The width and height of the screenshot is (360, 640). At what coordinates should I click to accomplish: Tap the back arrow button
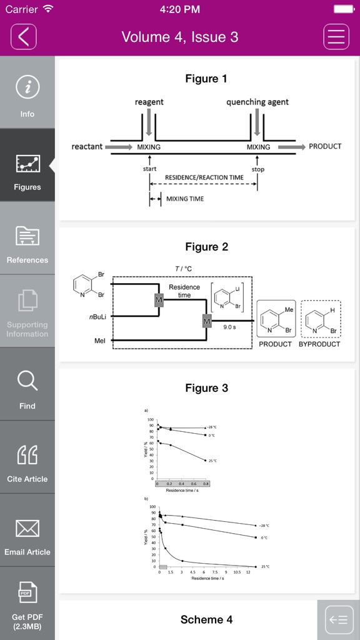point(24,37)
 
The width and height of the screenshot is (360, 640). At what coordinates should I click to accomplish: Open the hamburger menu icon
point(336,37)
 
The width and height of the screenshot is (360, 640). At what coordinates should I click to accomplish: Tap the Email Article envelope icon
point(27,529)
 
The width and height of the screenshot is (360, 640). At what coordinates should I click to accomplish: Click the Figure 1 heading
point(206,79)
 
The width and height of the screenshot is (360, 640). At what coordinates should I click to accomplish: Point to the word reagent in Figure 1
point(149,102)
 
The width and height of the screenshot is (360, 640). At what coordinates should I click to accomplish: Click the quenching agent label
point(257,102)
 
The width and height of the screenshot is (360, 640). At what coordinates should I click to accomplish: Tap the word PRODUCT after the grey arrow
point(325,146)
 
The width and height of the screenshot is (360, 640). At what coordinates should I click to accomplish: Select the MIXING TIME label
point(185,199)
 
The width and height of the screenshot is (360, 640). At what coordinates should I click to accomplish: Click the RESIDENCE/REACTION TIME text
point(204,177)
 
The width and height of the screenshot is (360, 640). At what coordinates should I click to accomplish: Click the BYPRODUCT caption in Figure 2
point(319,344)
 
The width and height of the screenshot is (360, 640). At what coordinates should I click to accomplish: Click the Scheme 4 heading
point(206,619)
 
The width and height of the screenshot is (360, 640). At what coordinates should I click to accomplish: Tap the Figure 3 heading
point(206,388)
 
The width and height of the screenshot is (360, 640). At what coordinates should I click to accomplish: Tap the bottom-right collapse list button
point(338,619)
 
